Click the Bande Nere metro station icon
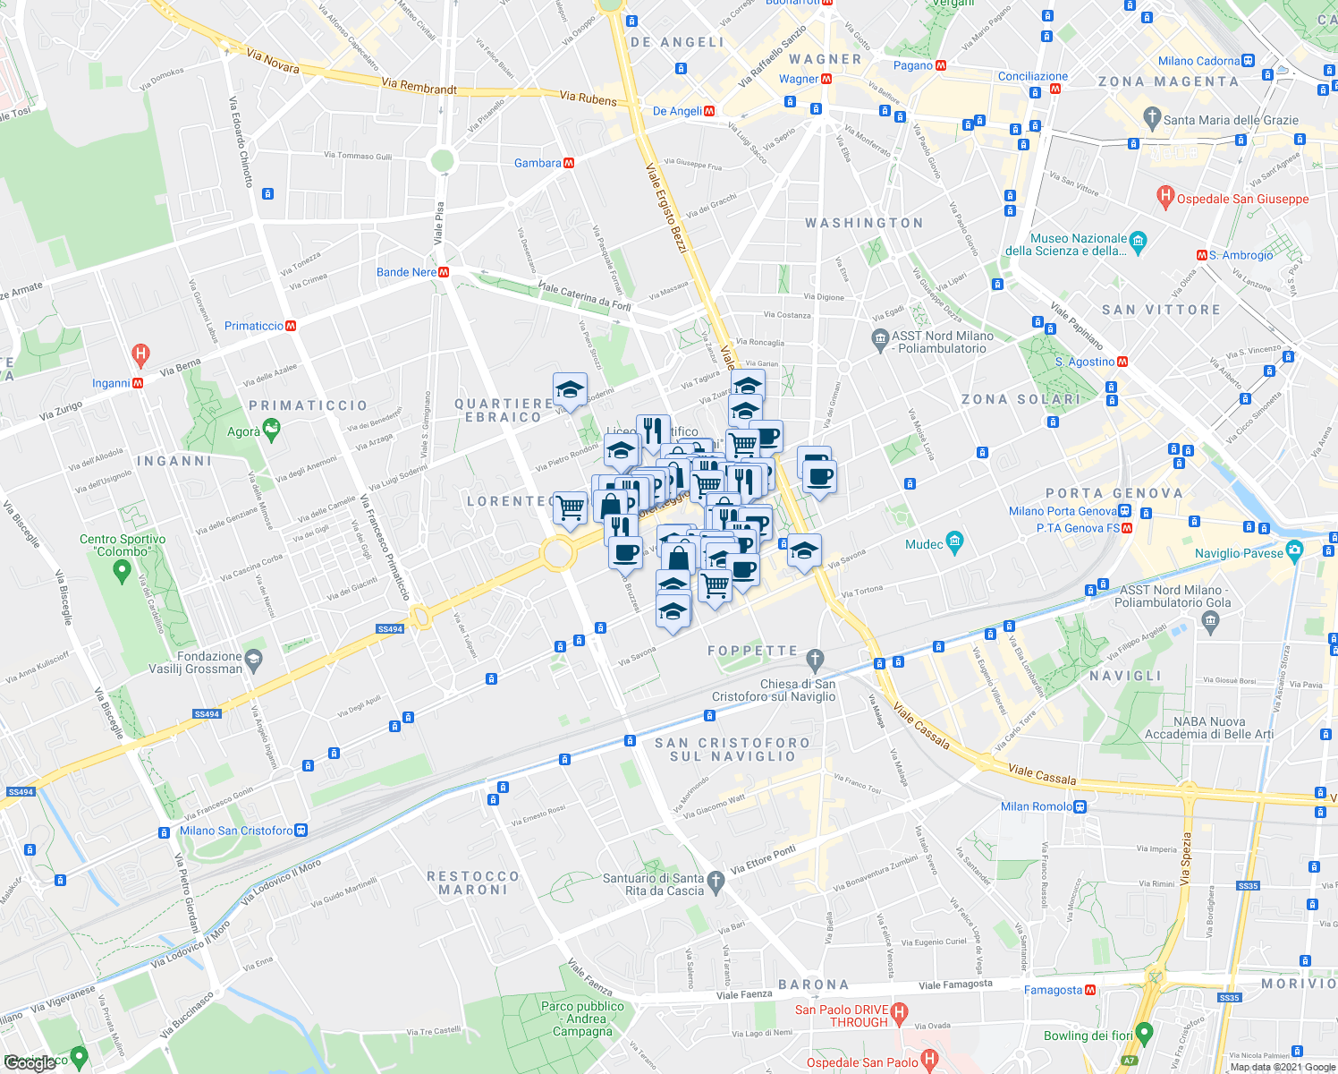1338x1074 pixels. [444, 272]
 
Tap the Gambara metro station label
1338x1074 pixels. [538, 163]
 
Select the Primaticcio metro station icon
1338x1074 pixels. [291, 326]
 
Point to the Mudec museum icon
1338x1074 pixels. [954, 542]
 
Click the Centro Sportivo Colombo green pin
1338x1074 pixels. [123, 570]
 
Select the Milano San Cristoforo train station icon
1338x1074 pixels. [301, 831]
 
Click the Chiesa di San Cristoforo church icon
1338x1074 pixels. [814, 661]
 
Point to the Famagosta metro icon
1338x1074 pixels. [1090, 990]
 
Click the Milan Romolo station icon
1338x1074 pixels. [1080, 806]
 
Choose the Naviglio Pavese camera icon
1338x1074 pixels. [1293, 550]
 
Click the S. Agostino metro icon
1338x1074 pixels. [1122, 362]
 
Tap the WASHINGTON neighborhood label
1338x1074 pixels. [864, 223]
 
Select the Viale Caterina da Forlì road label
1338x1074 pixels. [585, 297]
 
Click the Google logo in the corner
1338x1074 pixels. [30, 1062]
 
